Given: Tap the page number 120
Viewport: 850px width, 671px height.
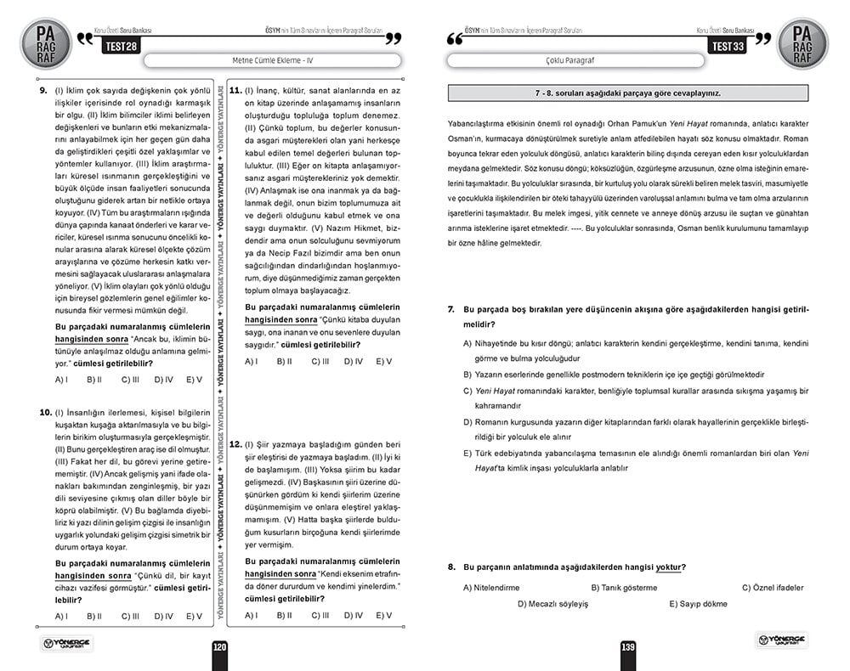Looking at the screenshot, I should (x=219, y=647).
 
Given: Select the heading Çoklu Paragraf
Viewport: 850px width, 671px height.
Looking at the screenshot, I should (x=575, y=61).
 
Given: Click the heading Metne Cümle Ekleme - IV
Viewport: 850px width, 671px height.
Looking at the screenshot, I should (x=272, y=61).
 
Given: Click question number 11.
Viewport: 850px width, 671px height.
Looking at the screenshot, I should (x=235, y=90).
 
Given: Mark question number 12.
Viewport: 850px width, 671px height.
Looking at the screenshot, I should (x=235, y=444).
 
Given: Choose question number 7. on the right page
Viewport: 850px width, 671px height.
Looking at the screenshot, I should (x=451, y=310).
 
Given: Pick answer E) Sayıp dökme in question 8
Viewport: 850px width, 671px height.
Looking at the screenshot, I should (x=698, y=604).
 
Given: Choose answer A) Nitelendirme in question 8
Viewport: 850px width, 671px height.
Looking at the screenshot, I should (x=490, y=588).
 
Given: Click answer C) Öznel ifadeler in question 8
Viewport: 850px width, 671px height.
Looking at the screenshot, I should (x=772, y=588).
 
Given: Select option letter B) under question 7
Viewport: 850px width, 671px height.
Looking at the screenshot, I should (x=467, y=374).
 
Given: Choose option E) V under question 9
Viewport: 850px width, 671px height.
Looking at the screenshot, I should (x=194, y=380).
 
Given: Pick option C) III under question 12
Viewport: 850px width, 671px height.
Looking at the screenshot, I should (x=320, y=615).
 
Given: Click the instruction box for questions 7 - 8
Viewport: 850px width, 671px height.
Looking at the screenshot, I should (x=627, y=93).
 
